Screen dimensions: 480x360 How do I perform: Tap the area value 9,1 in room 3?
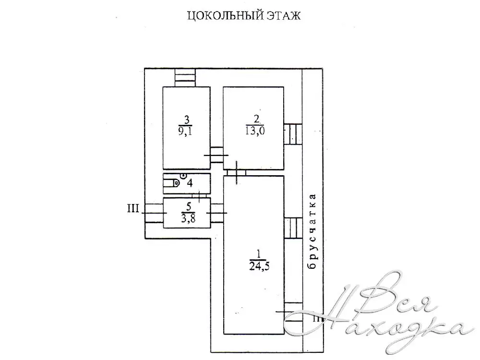click(185, 132)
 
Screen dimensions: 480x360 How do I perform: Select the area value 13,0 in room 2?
click(255, 131)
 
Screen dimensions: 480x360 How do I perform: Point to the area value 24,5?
click(259, 266)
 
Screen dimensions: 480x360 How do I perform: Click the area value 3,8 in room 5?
click(189, 218)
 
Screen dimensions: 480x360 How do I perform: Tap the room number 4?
click(190, 183)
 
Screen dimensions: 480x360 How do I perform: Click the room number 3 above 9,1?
click(186, 120)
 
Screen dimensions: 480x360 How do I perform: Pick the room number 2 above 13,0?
click(256, 119)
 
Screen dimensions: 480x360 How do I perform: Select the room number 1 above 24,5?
click(259, 254)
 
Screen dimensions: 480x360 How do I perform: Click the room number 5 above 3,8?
click(189, 206)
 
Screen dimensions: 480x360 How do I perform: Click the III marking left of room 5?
click(133, 209)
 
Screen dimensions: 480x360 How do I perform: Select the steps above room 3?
click(185, 78)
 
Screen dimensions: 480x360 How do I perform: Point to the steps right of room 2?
click(293, 134)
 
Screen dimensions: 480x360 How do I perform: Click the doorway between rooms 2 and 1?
click(236, 173)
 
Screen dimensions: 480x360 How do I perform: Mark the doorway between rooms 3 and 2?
click(217, 155)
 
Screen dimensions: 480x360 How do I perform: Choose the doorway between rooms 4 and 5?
click(199, 196)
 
